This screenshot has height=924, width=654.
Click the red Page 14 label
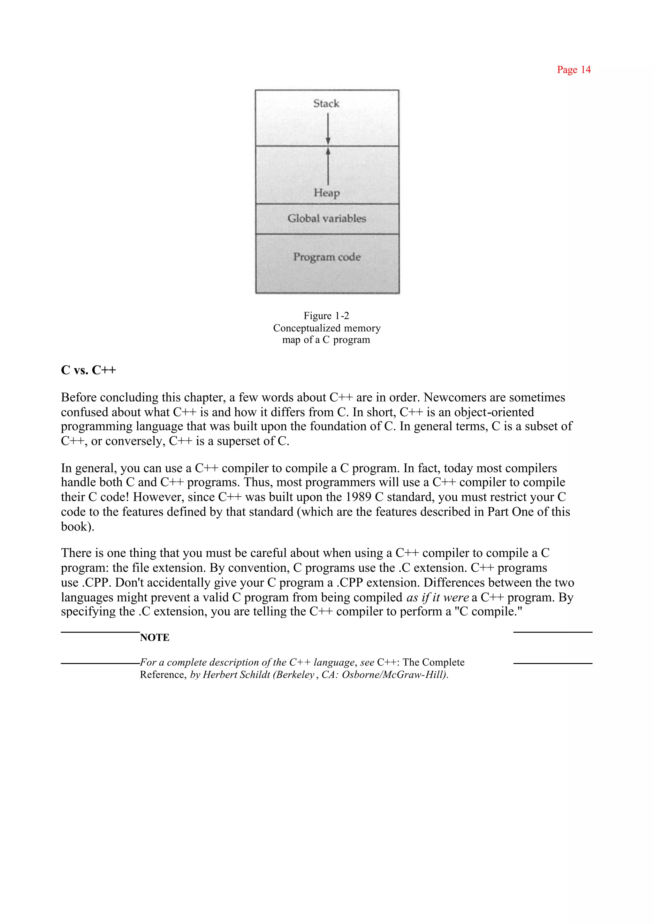(x=574, y=70)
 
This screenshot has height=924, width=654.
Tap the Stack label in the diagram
(x=326, y=103)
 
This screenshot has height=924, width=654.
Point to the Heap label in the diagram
(x=327, y=193)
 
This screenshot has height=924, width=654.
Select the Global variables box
(x=327, y=219)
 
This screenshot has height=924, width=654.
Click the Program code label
(x=327, y=257)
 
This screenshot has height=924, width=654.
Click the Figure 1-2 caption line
(x=326, y=316)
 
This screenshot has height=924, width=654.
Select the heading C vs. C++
(x=88, y=370)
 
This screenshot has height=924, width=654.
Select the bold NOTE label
(x=155, y=638)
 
